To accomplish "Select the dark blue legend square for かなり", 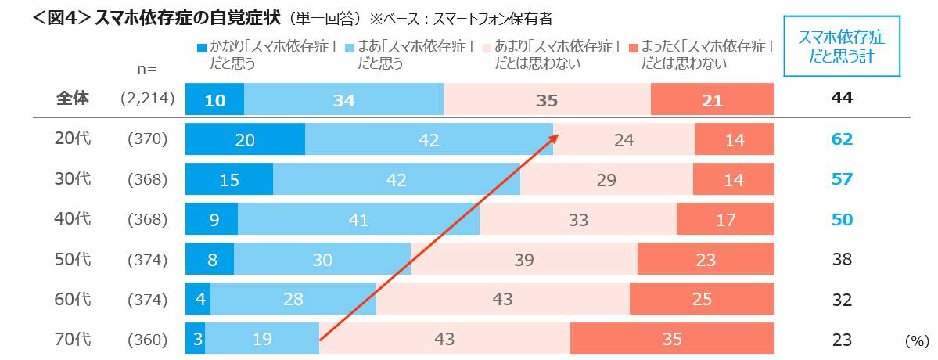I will (201, 48).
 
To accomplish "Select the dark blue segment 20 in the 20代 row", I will (245, 139).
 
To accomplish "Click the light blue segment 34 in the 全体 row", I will (344, 99).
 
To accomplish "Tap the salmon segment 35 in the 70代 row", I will (672, 340).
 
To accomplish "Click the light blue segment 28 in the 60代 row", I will (293, 300).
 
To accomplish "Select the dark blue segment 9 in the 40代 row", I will (214, 220).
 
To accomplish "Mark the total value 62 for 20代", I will (842, 139).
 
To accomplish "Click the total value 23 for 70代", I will (842, 340).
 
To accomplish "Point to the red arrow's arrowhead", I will (555, 136).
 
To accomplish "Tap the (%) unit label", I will (915, 341).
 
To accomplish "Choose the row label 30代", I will (74, 179).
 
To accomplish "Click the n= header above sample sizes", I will (147, 70).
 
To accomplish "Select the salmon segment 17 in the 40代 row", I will (725, 220).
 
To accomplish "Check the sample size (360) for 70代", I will (147, 340).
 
